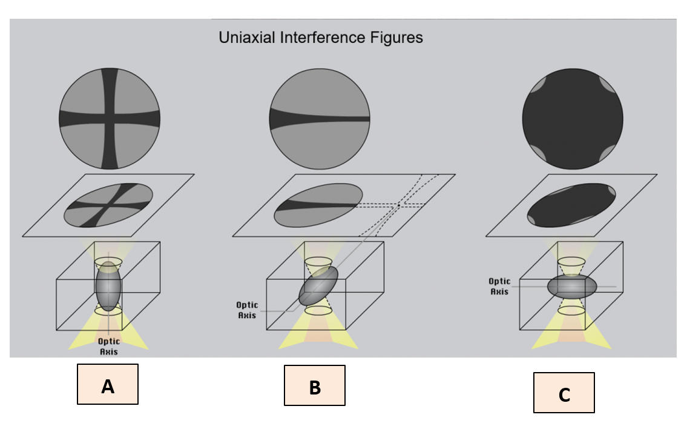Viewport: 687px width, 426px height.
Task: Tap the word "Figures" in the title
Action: tap(398, 38)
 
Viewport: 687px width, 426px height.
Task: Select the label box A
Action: tap(108, 384)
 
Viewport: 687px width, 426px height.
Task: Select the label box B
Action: tap(315, 385)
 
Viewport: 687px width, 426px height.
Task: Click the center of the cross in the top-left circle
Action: tap(110, 119)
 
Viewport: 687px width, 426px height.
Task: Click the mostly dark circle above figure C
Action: tap(573, 119)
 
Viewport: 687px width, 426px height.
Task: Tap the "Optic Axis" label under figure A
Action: tap(109, 347)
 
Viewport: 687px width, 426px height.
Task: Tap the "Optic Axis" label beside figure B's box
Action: tap(248, 310)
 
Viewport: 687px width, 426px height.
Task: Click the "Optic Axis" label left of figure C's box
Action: tap(499, 286)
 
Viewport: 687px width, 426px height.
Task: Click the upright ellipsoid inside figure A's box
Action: tap(108, 286)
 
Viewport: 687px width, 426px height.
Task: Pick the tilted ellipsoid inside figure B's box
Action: tap(318, 286)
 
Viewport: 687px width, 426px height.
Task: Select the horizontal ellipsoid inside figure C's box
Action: tap(572, 286)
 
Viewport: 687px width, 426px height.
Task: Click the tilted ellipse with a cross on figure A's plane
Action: tap(109, 205)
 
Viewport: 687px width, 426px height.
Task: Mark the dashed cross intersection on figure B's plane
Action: tap(399, 206)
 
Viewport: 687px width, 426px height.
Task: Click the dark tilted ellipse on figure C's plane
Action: tap(572, 205)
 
